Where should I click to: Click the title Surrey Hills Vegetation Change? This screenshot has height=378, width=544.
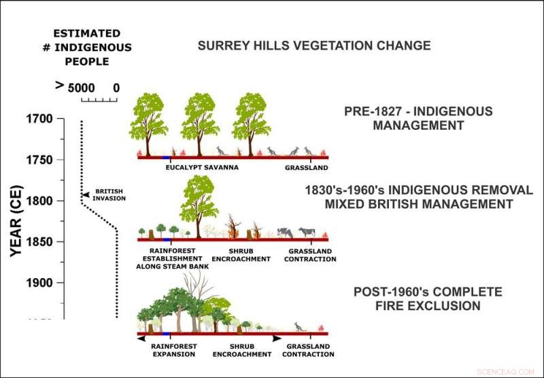313,46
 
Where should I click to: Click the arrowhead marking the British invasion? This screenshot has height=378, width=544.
85,195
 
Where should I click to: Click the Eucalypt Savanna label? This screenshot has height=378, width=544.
202,167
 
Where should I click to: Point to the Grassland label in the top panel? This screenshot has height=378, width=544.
306,167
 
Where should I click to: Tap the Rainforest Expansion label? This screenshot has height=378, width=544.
174,350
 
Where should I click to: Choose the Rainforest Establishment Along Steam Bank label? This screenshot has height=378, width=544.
174,258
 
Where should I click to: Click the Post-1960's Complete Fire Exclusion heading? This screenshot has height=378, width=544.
428,299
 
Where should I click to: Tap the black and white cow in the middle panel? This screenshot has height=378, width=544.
307,233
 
